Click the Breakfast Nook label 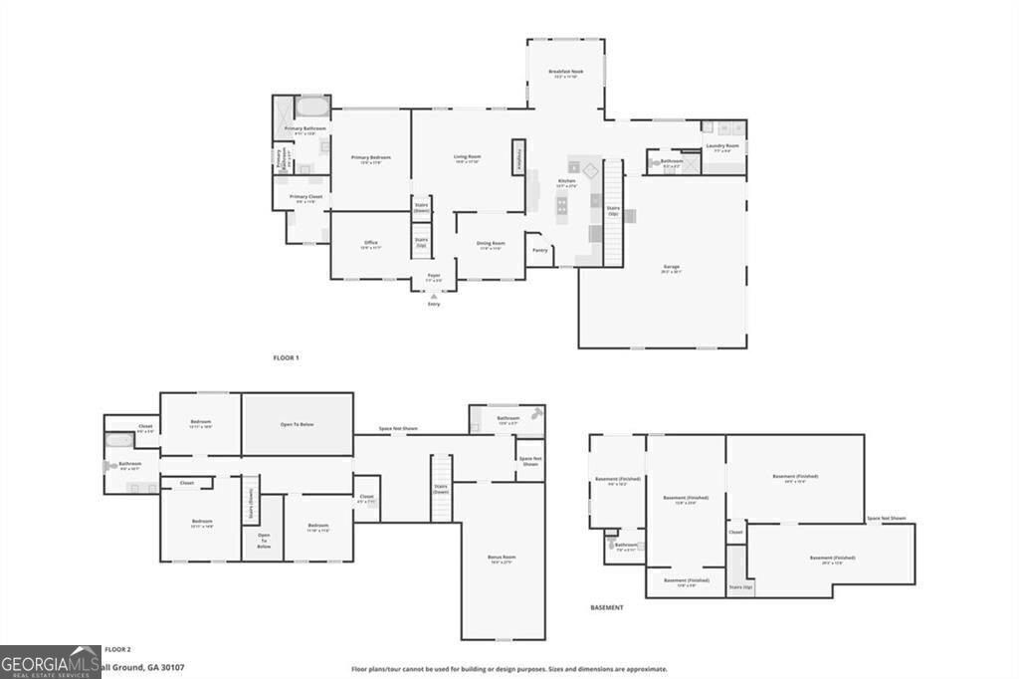pos(565,72)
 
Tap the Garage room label pos(672,266)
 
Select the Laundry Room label pos(722,146)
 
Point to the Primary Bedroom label pos(370,157)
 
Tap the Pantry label pos(540,250)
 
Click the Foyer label pos(434,275)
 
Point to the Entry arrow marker pos(434,296)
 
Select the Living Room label pos(468,156)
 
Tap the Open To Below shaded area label pos(297,425)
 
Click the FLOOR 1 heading pos(286,357)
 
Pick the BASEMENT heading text pos(607,607)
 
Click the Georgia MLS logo pos(50,661)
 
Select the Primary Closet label pos(306,197)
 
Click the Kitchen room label pos(567,183)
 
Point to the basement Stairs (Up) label pos(741,587)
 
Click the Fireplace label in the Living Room pos(517,156)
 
